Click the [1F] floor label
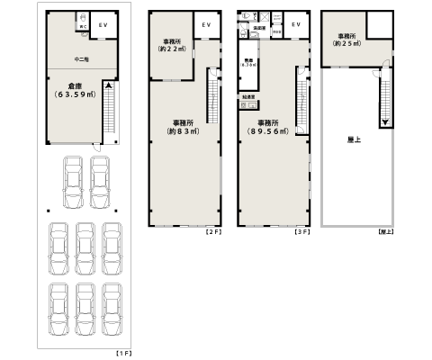click(x=124, y=353)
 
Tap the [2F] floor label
click(x=212, y=232)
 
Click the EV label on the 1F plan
click(x=102, y=25)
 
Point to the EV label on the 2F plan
click(x=207, y=25)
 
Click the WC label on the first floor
click(x=81, y=27)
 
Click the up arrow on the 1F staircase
click(x=108, y=86)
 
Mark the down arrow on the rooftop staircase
click(x=385, y=121)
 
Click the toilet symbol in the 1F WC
click(x=81, y=18)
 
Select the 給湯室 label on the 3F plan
click(x=246, y=95)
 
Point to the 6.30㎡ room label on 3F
click(x=247, y=66)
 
